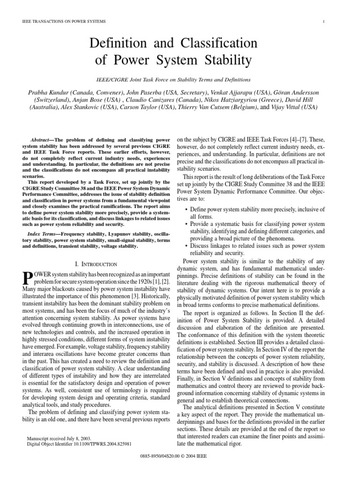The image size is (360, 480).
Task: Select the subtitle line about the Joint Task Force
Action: pyautogui.click(x=180, y=80)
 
